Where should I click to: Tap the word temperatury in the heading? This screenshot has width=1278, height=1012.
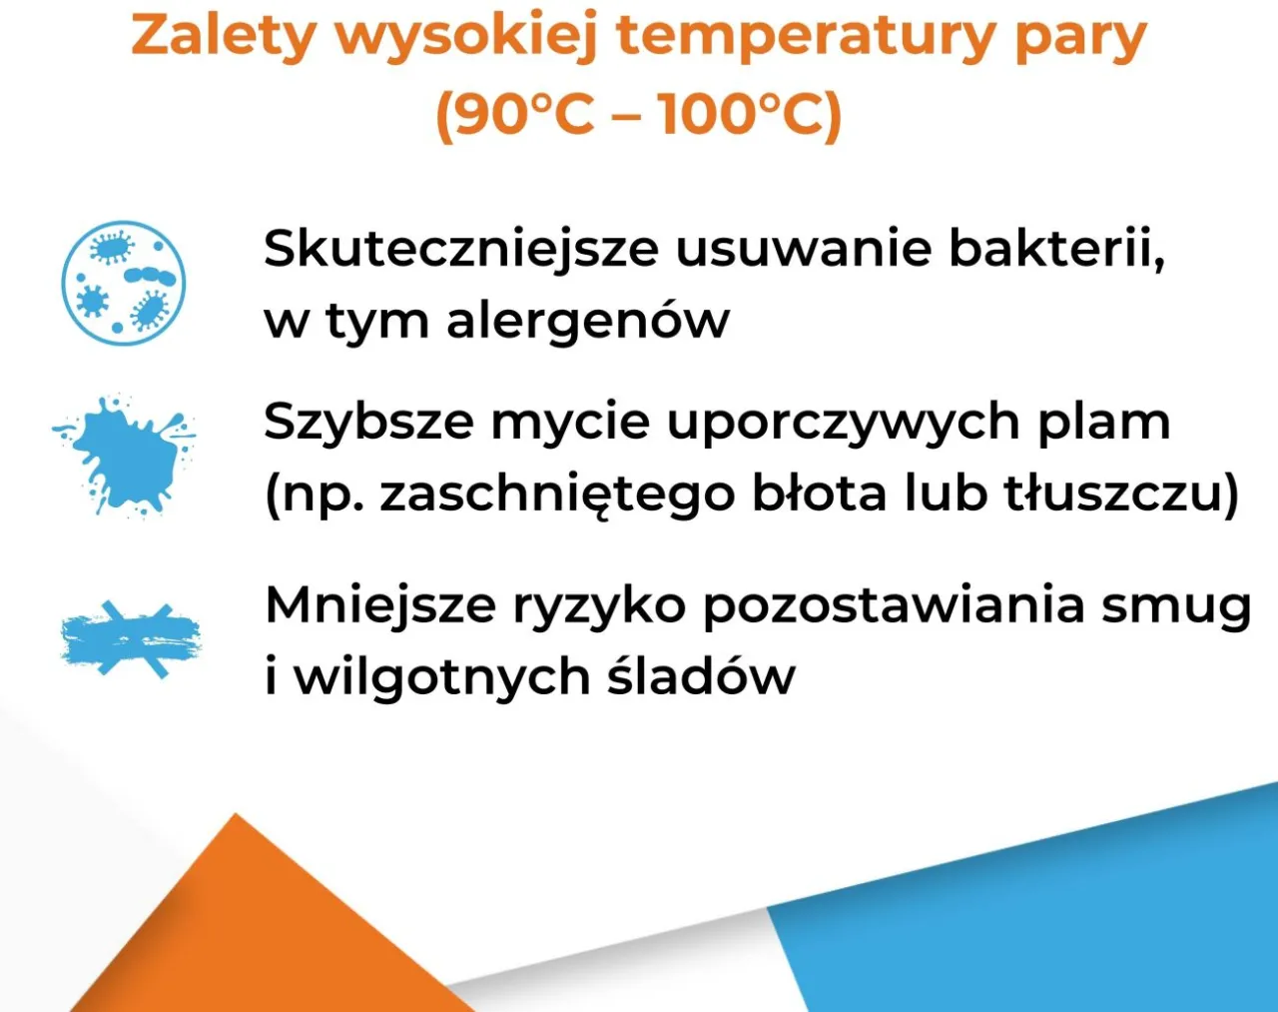pyautogui.click(x=804, y=36)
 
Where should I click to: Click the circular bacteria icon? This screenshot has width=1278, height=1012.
pyautogui.click(x=123, y=284)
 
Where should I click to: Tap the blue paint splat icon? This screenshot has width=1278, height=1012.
pyautogui.click(x=125, y=455)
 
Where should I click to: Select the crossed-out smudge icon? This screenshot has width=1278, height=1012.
pyautogui.click(x=130, y=639)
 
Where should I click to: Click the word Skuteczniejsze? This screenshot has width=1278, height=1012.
pyautogui.click(x=460, y=249)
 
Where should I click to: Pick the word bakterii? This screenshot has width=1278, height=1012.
pyautogui.click(x=1056, y=249)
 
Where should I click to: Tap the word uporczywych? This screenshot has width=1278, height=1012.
pyautogui.click(x=842, y=423)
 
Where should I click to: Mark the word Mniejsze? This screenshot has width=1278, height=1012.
pyautogui.click(x=379, y=605)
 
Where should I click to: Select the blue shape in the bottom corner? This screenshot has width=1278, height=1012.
pyautogui.click(x=1048, y=919)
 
